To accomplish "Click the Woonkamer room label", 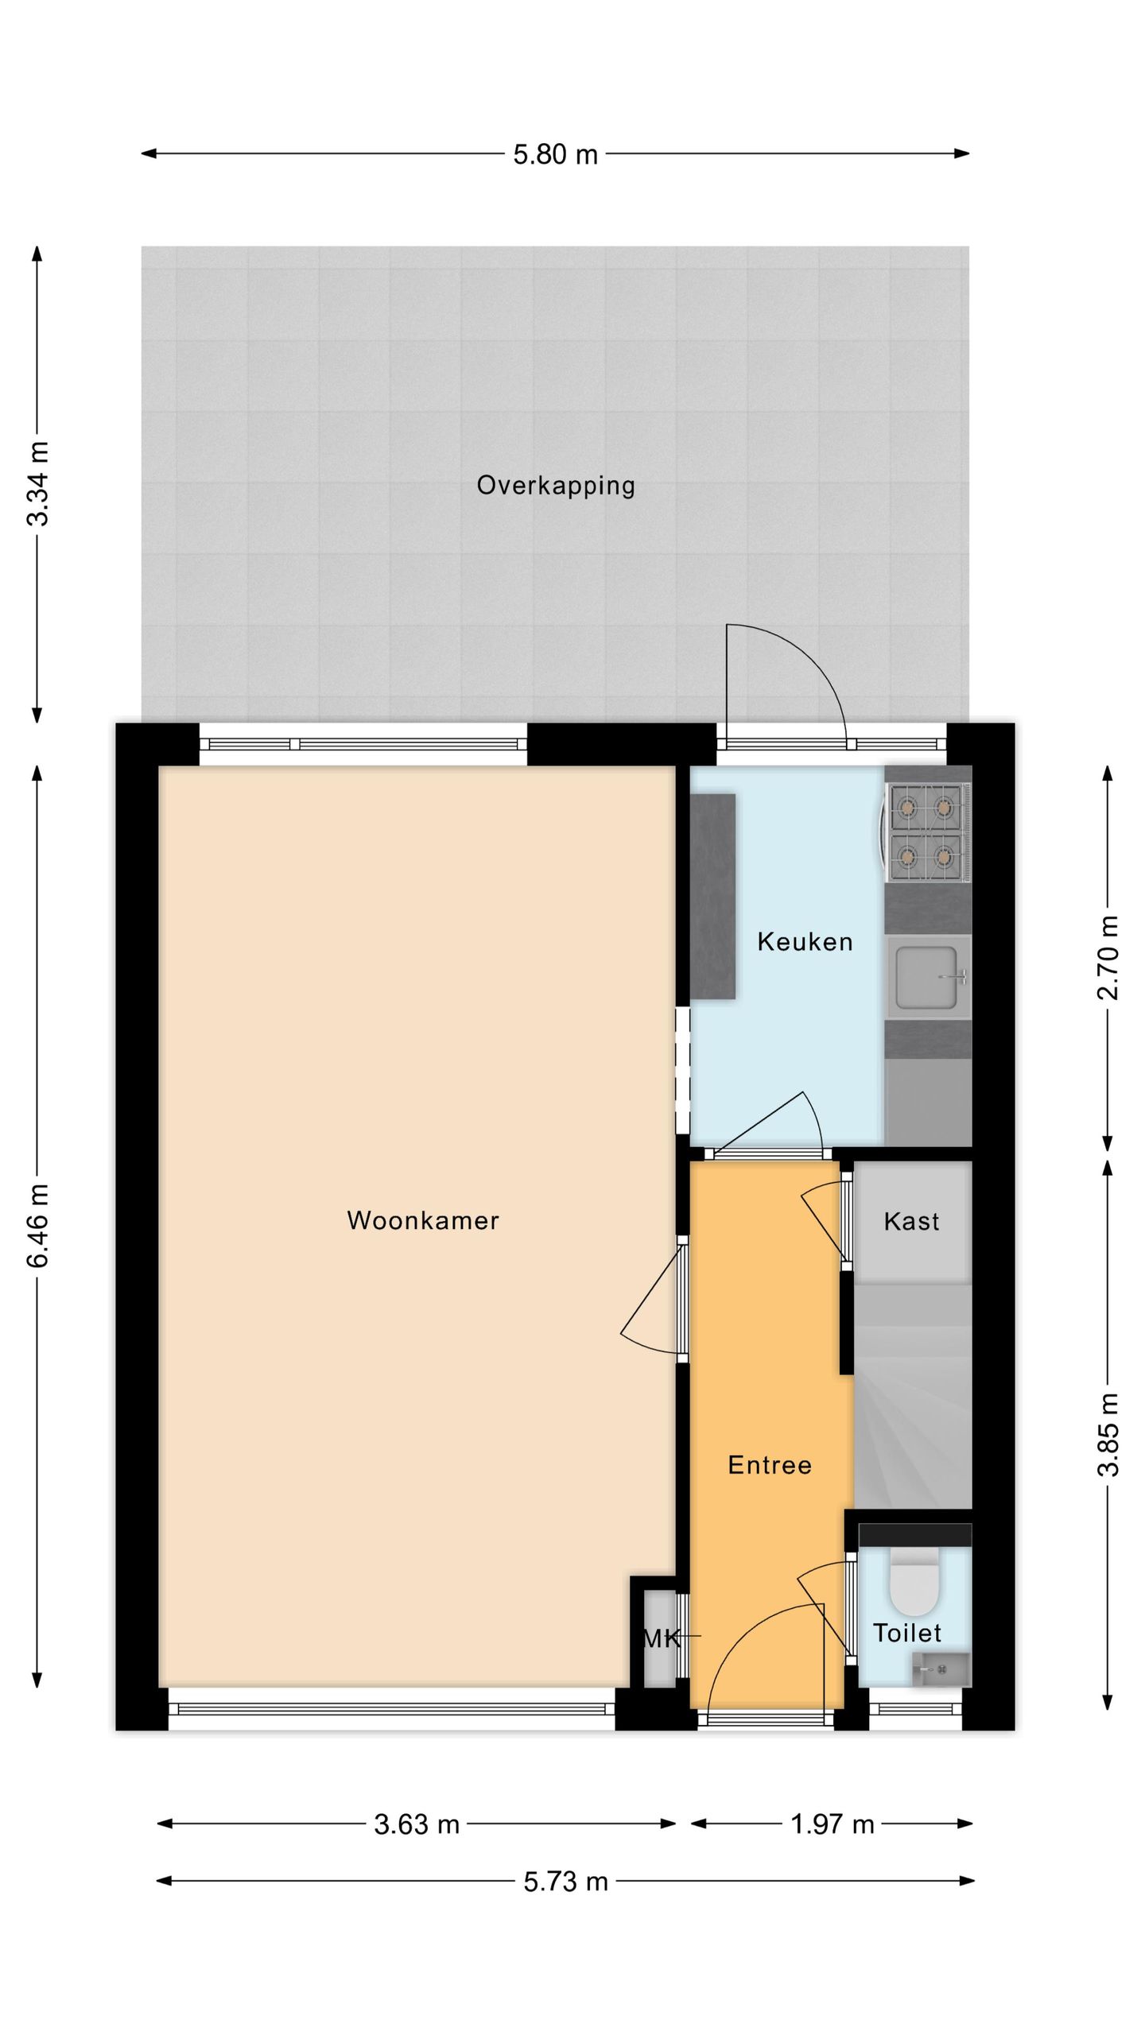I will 423,1220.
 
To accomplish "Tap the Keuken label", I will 805,942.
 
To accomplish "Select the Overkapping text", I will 556,485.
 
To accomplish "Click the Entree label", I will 770,1465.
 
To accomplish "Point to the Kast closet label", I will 911,1221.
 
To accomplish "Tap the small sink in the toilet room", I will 941,1666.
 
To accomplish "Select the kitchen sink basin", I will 926,977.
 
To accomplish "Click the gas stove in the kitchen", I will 926,832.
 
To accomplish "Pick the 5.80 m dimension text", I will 555,154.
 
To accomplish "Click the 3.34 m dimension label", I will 38,484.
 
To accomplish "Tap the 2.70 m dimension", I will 1108,957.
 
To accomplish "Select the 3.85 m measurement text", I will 1108,1434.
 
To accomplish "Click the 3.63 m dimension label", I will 417,1824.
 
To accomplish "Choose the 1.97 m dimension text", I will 832,1824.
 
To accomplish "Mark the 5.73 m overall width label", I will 565,1881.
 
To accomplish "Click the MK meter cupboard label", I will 662,1638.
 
